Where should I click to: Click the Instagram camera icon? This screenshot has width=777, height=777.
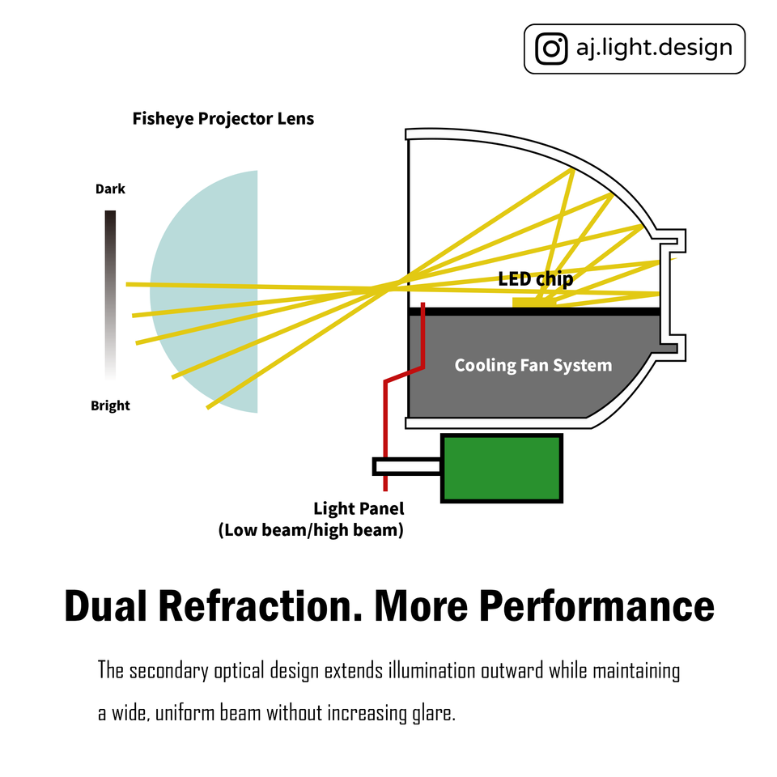552,49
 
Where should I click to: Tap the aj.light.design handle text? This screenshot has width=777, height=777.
654,48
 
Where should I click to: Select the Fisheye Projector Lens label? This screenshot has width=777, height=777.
223,119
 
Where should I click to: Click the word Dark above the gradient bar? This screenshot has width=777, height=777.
110,189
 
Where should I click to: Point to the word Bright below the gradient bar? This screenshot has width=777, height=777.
110,405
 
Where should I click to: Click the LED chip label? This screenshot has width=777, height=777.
535,279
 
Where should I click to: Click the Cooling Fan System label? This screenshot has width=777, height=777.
533,365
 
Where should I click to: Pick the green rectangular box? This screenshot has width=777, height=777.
501,469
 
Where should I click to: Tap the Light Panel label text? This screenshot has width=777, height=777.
358,509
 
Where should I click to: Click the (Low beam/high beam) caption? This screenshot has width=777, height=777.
311,531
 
